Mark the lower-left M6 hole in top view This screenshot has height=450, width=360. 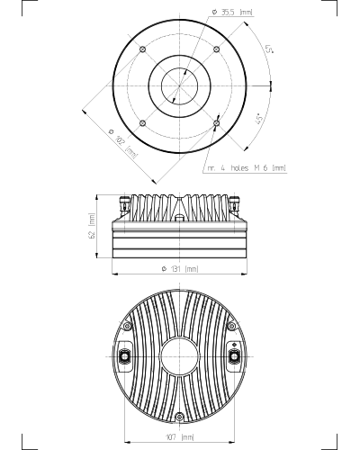[x=143, y=123]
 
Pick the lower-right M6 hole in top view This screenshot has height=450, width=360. [x=217, y=123]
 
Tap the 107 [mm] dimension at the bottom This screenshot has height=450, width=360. [x=180, y=436]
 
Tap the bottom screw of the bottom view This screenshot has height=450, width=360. [x=180, y=416]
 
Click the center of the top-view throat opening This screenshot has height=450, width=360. [x=180, y=86]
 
